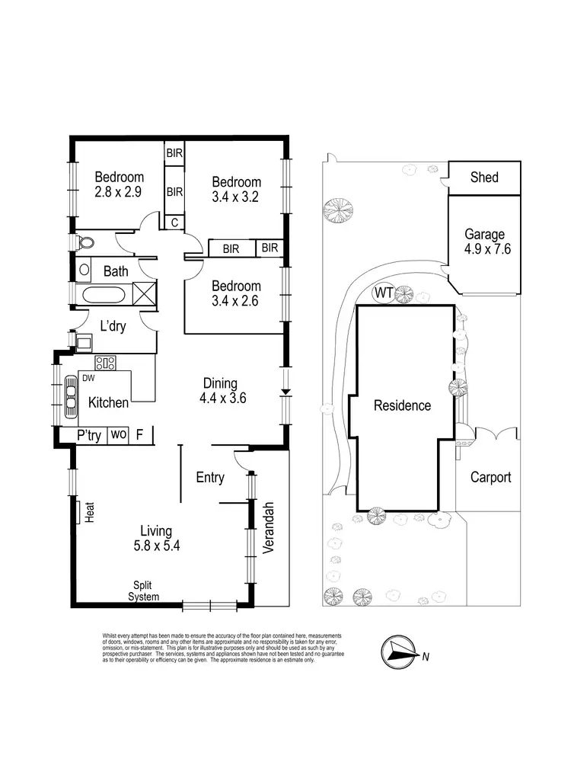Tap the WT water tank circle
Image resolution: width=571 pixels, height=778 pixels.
pyautogui.click(x=382, y=293)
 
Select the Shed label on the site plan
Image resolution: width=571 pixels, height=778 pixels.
pyautogui.click(x=484, y=178)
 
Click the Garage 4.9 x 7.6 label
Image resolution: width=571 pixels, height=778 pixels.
pyautogui.click(x=484, y=242)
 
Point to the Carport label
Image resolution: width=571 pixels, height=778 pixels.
pyautogui.click(x=490, y=478)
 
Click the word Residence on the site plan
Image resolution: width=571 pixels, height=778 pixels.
pyautogui.click(x=402, y=405)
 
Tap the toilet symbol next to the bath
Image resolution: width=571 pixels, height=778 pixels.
pyautogui.click(x=85, y=243)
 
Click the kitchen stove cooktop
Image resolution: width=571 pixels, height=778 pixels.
pyautogui.click(x=104, y=363)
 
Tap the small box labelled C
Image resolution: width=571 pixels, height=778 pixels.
pyautogui.click(x=174, y=223)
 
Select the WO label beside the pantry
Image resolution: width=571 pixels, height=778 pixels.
pyautogui.click(x=118, y=435)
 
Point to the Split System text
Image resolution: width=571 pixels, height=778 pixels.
pyautogui.click(x=144, y=591)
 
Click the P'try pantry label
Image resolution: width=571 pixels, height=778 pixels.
pyautogui.click(x=88, y=435)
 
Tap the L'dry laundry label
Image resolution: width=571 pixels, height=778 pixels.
pyautogui.click(x=113, y=326)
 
